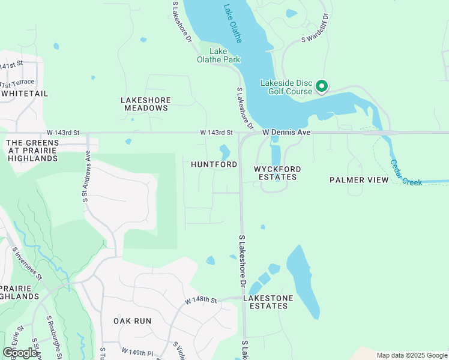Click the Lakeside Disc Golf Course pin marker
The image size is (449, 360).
pyautogui.click(x=322, y=87)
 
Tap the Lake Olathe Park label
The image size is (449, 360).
pyautogui.click(x=218, y=56)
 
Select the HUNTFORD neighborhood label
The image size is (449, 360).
pyautogui.click(x=214, y=164)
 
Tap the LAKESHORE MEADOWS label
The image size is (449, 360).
pyautogui.click(x=146, y=104)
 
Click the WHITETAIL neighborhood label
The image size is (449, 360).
pyautogui.click(x=24, y=94)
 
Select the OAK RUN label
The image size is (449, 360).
pyautogui.click(x=133, y=321)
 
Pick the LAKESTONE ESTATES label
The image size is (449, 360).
pyautogui.click(x=268, y=302)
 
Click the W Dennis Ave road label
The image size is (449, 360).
pyautogui.click(x=286, y=132)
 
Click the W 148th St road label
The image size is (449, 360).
pyautogui.click(x=200, y=299)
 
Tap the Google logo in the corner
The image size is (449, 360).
pyautogui.click(x=20, y=352)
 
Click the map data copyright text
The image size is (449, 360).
pyautogui.click(x=412, y=355)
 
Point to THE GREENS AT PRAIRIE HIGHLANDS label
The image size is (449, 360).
pyautogui.click(x=32, y=151)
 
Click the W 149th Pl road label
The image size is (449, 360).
pyautogui.click(x=137, y=350)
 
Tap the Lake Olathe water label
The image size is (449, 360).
pyautogui.click(x=233, y=24)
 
